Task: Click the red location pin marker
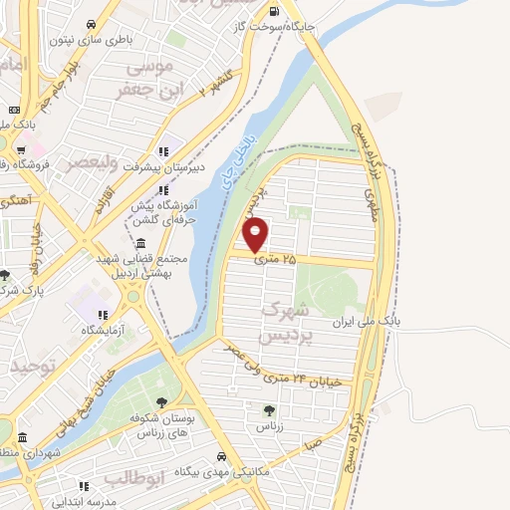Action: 257,235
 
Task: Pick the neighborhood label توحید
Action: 28,368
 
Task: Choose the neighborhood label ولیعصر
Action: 90,160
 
